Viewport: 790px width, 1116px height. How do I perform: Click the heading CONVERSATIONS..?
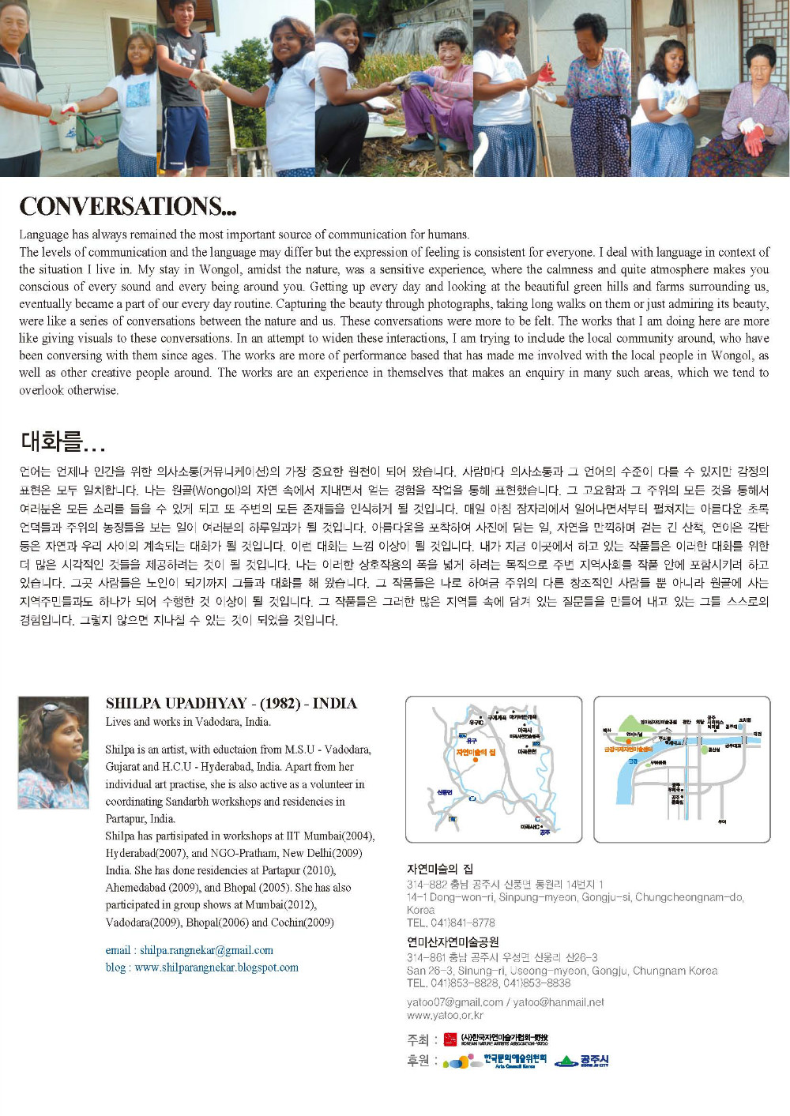click(x=127, y=206)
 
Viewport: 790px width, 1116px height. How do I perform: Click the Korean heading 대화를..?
click(x=62, y=441)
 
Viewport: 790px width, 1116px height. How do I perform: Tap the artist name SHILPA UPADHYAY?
click(x=179, y=703)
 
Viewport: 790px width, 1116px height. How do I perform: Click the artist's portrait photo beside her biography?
click(x=53, y=752)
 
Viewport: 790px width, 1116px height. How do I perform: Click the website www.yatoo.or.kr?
click(x=445, y=1015)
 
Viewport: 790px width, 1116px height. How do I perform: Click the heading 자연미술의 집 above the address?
click(x=439, y=870)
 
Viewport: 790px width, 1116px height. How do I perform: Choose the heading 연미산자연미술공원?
click(x=452, y=941)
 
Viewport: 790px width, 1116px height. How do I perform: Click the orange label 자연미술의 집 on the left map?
click(x=476, y=753)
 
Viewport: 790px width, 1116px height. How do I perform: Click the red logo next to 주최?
click(x=450, y=1039)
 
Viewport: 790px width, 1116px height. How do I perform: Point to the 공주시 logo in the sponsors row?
click(x=582, y=1061)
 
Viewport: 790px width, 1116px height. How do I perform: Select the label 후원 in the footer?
click(x=418, y=1061)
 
